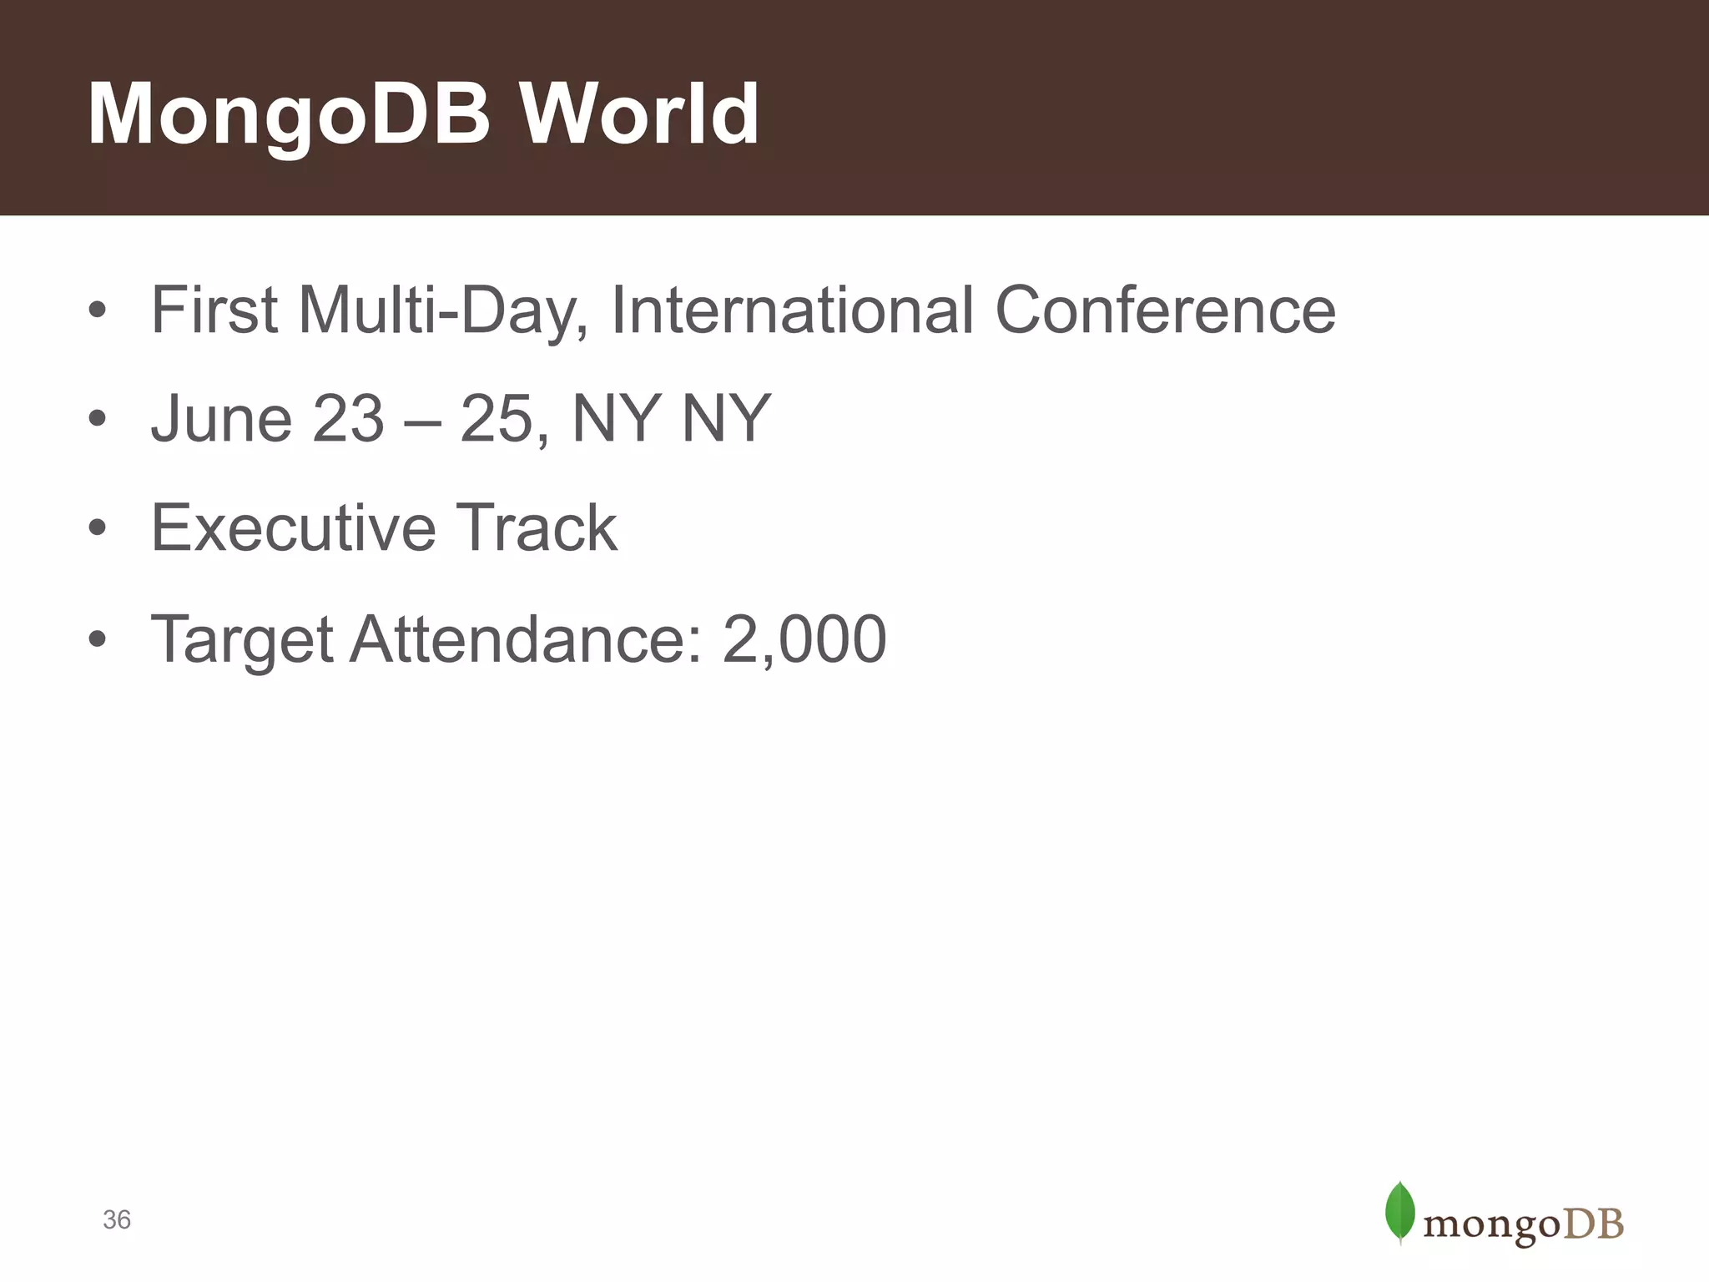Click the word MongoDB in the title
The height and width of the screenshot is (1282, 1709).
289,114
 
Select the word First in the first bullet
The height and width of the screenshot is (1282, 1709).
214,310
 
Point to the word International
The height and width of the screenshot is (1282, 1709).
792,310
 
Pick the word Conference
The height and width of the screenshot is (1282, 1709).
1166,310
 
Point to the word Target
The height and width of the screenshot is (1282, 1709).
242,640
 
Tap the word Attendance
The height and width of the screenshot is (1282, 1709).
527,638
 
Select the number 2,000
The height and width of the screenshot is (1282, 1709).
804,640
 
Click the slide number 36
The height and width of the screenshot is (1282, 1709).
117,1219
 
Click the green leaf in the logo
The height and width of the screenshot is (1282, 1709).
1399,1211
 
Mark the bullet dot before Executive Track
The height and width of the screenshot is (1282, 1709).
98,529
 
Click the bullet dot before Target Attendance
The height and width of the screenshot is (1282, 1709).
98,640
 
